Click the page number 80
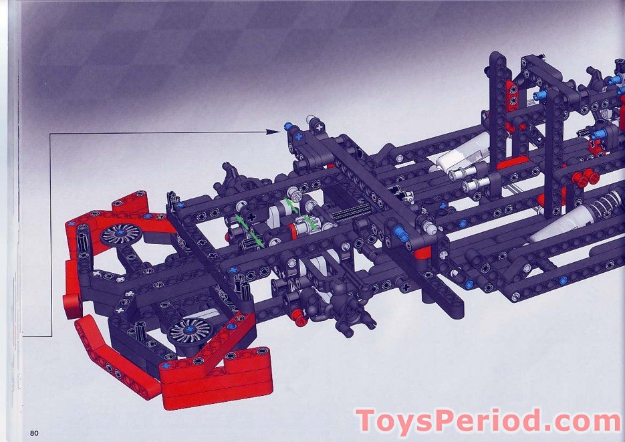34,433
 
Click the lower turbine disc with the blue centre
190,332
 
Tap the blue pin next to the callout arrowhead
289,127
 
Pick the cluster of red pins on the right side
585,177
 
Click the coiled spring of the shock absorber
606,202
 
